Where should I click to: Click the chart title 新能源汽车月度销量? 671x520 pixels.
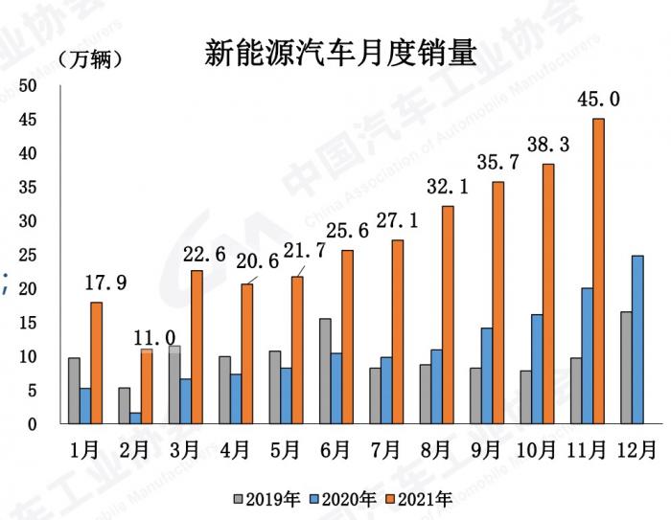(x=339, y=53)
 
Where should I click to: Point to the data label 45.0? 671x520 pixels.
(x=599, y=99)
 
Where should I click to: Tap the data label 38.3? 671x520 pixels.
(x=548, y=145)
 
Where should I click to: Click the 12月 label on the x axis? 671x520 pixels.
(x=636, y=449)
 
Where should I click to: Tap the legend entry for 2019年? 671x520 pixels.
(x=268, y=498)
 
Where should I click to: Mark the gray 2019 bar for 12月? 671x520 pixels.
(x=625, y=367)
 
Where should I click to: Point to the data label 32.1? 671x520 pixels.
(x=448, y=188)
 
